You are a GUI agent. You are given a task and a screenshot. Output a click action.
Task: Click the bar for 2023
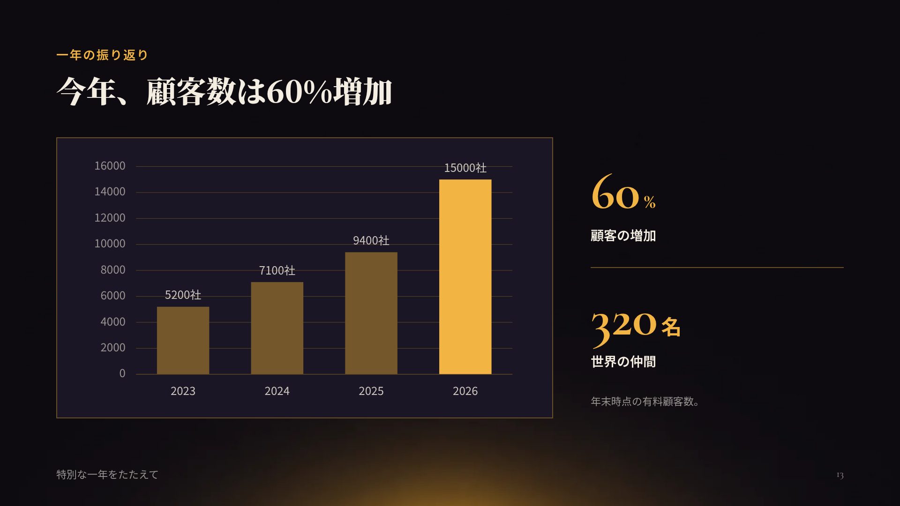click(x=183, y=341)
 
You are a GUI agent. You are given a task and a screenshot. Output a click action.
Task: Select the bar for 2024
click(x=277, y=328)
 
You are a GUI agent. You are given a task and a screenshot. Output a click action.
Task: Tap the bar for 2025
click(x=371, y=313)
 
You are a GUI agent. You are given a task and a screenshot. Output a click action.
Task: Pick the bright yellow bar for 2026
click(x=465, y=277)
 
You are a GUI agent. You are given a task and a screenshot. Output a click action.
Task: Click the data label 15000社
click(x=465, y=168)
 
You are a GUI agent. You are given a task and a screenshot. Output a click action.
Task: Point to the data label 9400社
click(x=371, y=240)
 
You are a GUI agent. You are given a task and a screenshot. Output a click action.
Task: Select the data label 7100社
click(x=277, y=270)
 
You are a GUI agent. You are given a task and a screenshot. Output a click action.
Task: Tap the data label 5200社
click(x=183, y=295)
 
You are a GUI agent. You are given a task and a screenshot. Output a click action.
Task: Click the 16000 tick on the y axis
click(x=110, y=166)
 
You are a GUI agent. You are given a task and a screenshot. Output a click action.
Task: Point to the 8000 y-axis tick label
click(x=113, y=270)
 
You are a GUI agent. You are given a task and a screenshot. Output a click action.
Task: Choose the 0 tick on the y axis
click(x=122, y=373)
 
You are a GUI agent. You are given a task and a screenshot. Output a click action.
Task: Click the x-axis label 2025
click(x=371, y=391)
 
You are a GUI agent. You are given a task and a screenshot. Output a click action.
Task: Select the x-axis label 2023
click(x=183, y=391)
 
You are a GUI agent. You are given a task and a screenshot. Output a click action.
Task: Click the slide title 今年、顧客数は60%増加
click(x=224, y=91)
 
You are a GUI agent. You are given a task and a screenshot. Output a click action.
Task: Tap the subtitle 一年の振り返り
click(x=102, y=55)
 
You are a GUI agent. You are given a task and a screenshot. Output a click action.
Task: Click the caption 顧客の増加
click(x=623, y=236)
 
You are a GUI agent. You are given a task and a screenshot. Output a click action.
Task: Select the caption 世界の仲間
click(x=623, y=362)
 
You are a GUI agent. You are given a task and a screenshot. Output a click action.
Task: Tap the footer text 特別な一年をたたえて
click(x=107, y=475)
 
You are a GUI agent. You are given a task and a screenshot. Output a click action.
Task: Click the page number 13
click(x=840, y=476)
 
